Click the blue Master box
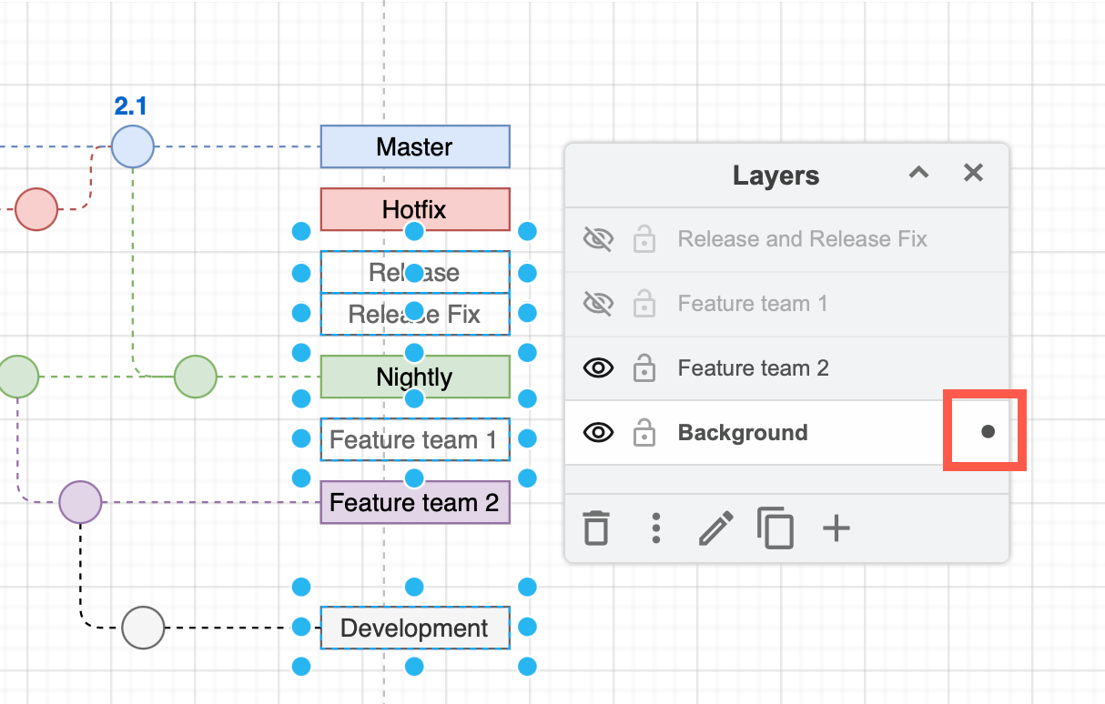coord(415,147)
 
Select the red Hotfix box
coord(415,209)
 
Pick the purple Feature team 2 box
coord(415,502)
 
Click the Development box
coord(415,628)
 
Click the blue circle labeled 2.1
coord(133,146)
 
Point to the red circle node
coord(36,209)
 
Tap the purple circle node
coord(80,502)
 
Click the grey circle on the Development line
coord(143,628)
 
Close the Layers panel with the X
coord(973,173)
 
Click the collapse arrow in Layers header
coord(918,173)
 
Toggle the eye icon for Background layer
coord(598,433)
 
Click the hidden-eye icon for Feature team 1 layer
coord(598,304)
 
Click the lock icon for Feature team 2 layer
coord(644,368)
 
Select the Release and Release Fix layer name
coord(802,239)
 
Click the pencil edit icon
coord(715,528)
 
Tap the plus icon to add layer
coord(836,528)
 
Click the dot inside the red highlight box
coord(988,432)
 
